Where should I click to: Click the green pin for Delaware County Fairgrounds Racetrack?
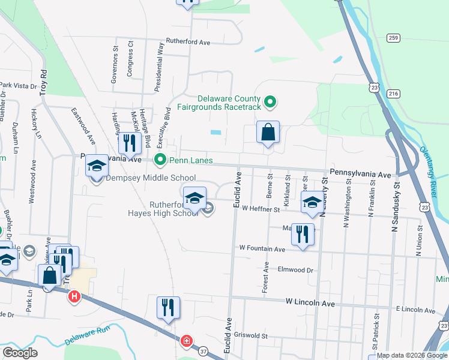click(x=270, y=103)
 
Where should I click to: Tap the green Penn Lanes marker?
click(x=160, y=160)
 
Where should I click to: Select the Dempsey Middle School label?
click(x=151, y=178)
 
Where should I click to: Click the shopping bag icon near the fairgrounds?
click(x=268, y=132)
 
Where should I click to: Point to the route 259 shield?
click(x=393, y=38)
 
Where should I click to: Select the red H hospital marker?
click(x=74, y=296)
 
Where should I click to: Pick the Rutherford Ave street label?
click(x=188, y=43)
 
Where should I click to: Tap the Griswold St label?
click(x=250, y=337)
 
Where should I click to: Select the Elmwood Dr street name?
click(x=295, y=270)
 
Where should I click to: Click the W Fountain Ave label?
click(x=262, y=247)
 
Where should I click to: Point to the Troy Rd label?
click(x=43, y=82)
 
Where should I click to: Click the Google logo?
click(x=19, y=352)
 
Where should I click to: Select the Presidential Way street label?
click(x=159, y=67)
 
